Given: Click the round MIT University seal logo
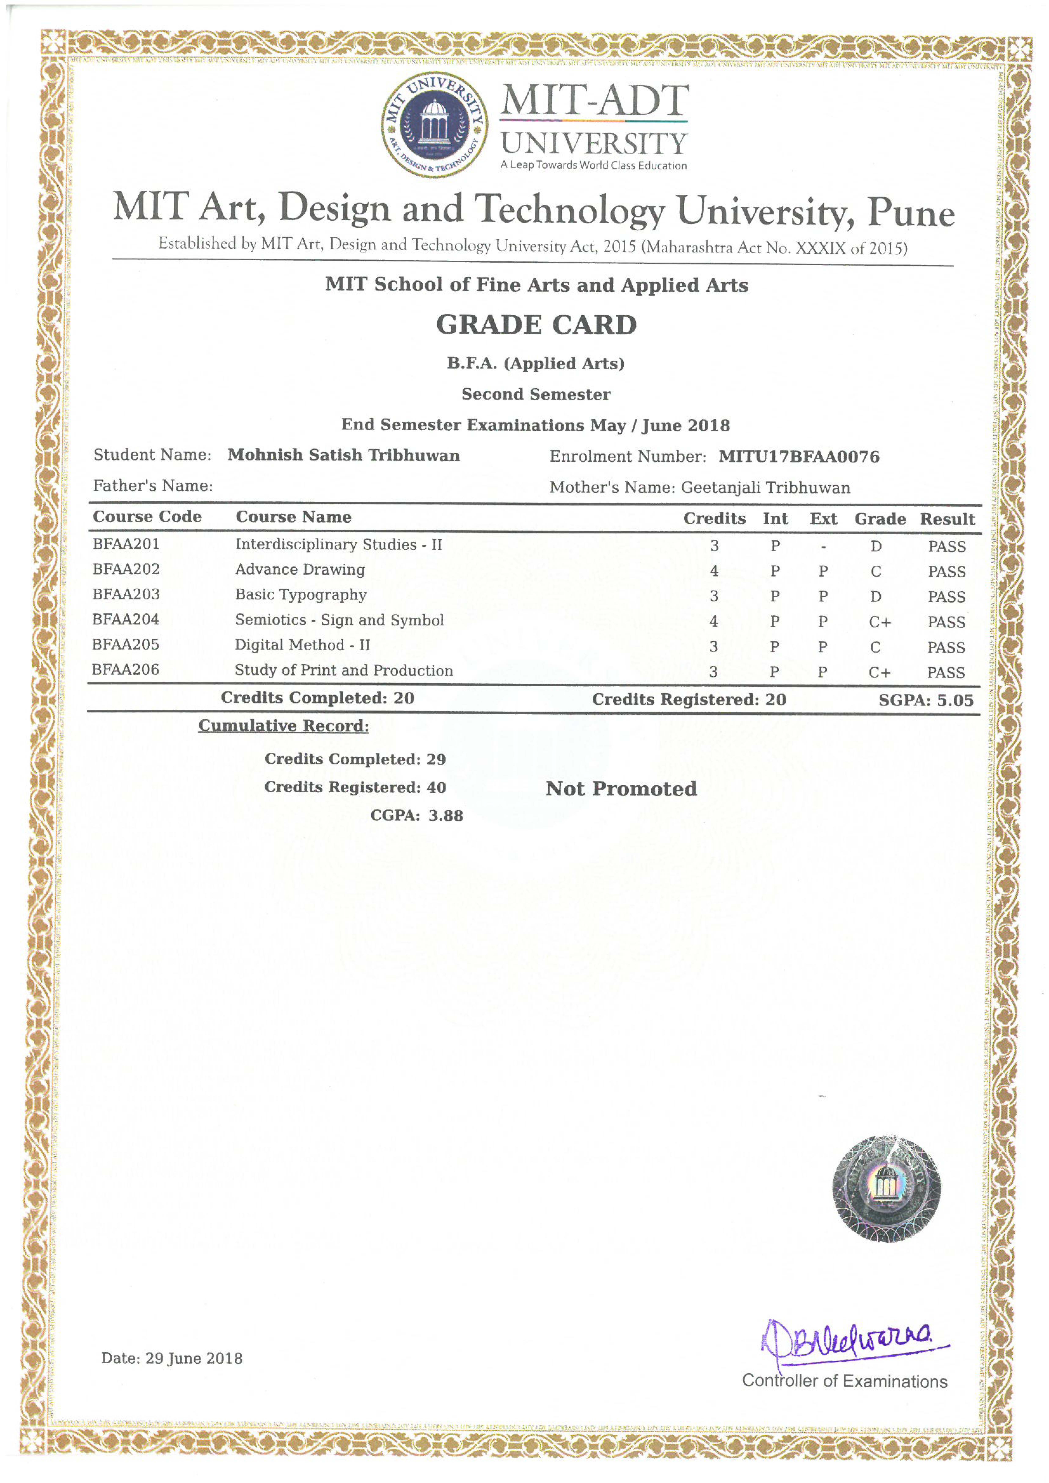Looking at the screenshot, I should pos(434,125).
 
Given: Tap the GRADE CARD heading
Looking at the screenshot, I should pos(536,325).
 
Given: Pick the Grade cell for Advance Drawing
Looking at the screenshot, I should pos(875,572).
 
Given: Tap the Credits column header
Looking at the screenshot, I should pos(714,519).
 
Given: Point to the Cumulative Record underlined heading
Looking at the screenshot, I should pos(284,726).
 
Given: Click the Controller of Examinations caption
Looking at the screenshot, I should pos(844,1381).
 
